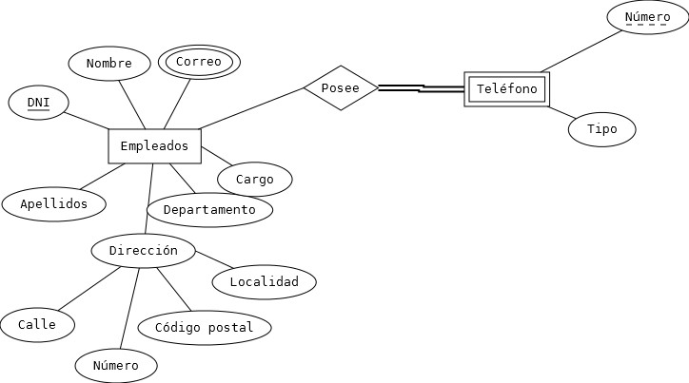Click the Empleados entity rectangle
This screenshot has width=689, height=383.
click(154, 146)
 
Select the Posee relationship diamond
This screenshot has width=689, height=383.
click(341, 87)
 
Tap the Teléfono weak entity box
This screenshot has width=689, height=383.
click(506, 89)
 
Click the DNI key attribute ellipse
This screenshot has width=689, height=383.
click(38, 103)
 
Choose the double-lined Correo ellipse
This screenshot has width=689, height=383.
click(198, 63)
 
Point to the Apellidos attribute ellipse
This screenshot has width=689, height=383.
click(53, 203)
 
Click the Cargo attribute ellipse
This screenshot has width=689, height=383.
click(254, 179)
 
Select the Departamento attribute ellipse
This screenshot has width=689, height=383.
click(209, 209)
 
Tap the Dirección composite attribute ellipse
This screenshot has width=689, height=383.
click(143, 251)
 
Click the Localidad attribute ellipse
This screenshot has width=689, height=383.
click(264, 281)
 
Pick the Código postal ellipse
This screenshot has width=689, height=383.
click(204, 328)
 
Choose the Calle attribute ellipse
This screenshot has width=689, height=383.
click(36, 324)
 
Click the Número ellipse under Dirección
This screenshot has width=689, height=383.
click(115, 366)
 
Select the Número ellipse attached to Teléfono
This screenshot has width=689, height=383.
click(646, 18)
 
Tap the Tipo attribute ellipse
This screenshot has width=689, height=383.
click(601, 129)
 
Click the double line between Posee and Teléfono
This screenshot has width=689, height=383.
click(421, 88)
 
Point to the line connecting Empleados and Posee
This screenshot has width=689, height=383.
click(252, 108)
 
